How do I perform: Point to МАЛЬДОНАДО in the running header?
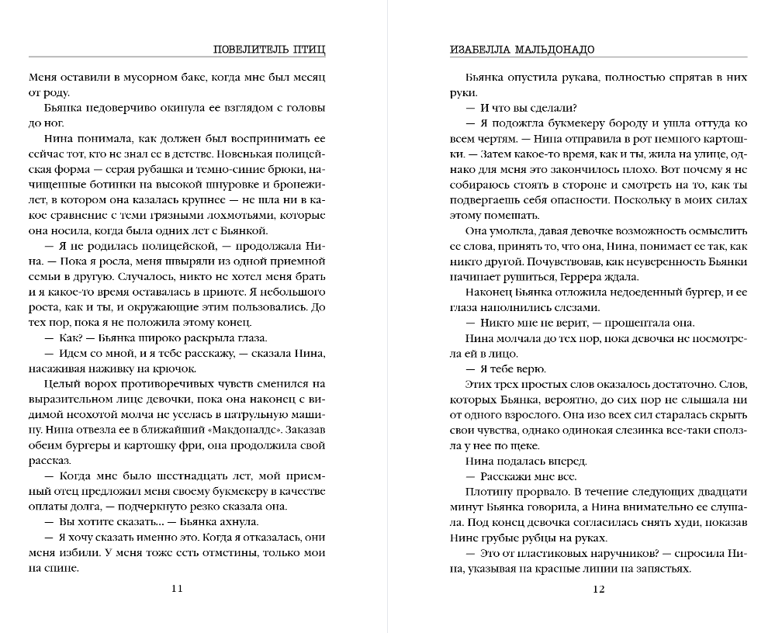point(559,49)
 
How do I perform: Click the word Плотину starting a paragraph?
point(487,492)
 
